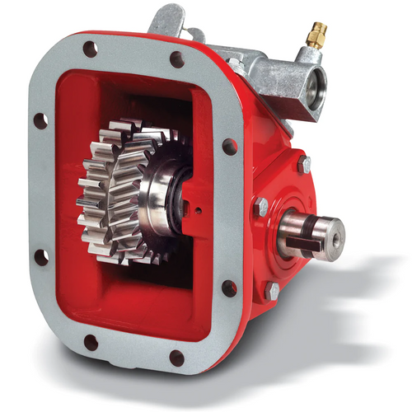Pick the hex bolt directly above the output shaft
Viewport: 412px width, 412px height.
click(x=305, y=164)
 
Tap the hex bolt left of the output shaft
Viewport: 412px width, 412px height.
click(x=261, y=207)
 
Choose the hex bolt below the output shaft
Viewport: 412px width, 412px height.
click(x=272, y=290)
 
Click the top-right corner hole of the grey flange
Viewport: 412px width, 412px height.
click(x=177, y=59)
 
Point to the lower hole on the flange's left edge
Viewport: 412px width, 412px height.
click(x=40, y=256)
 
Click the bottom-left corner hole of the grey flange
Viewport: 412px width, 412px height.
click(x=91, y=342)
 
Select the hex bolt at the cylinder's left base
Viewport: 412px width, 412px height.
click(x=236, y=65)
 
